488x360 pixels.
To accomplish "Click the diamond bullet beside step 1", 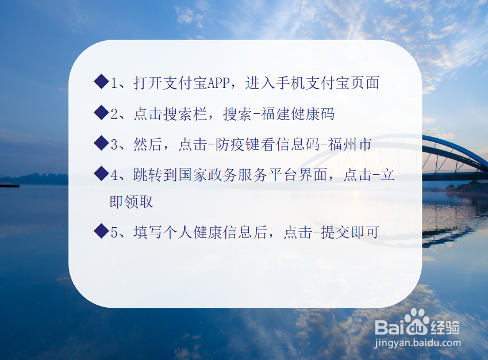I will [101, 82].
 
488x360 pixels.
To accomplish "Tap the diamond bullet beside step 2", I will [101, 113].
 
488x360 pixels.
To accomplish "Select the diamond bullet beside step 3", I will [101, 143].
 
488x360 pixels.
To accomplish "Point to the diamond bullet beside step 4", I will [101, 173].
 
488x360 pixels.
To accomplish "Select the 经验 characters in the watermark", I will [445, 327].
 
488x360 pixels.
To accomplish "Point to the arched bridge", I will [454, 155].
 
